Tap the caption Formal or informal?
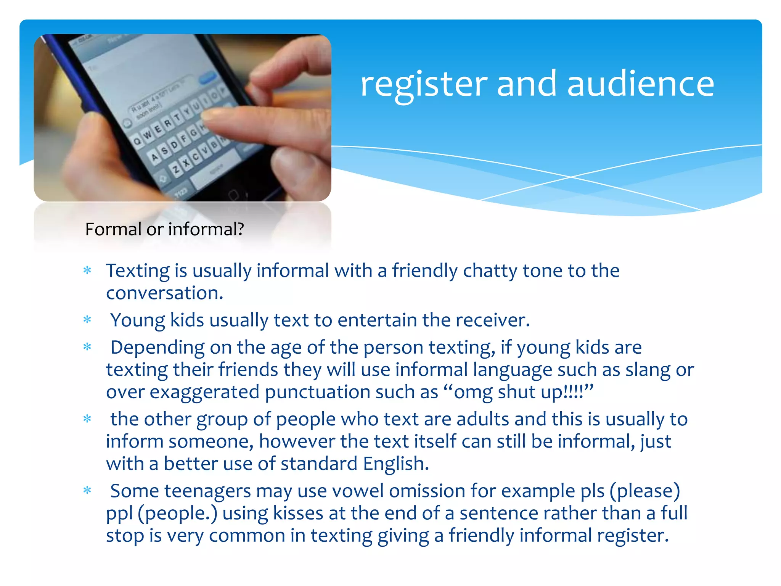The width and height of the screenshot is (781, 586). [x=164, y=229]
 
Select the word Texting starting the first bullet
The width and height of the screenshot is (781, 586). [x=138, y=271]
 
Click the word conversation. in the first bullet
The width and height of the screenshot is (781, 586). [x=164, y=293]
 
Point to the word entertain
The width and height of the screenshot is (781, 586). [x=377, y=320]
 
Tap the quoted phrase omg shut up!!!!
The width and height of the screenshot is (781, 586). [x=519, y=392]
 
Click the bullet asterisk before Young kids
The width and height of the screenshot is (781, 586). [x=87, y=320]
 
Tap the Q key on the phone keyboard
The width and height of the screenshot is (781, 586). [x=137, y=141]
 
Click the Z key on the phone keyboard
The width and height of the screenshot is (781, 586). [x=176, y=168]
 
